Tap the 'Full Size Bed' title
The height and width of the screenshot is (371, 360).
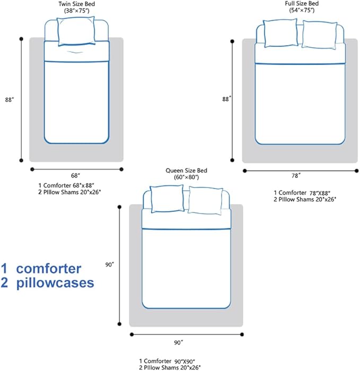302,3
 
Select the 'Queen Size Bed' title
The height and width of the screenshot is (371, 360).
186,171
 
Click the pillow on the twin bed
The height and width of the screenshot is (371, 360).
76,31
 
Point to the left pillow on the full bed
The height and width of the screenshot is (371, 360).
280,33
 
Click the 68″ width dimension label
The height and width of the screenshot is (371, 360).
75,175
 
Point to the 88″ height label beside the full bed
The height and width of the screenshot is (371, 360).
226,99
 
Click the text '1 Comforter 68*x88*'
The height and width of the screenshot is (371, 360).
69,185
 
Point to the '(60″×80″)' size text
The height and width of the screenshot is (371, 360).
186,177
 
